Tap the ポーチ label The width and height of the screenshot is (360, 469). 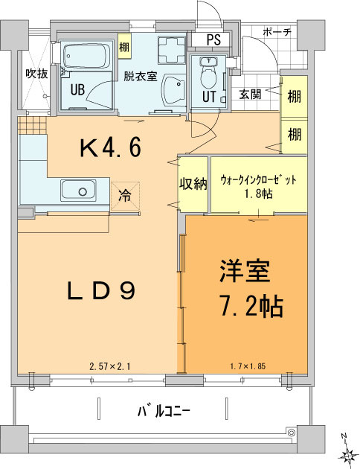tap(279, 32)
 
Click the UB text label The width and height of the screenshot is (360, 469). tap(77, 89)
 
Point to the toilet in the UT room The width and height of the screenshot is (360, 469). tap(209, 75)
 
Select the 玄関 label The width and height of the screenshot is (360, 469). tap(250, 94)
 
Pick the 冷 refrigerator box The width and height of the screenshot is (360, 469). tap(125, 197)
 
